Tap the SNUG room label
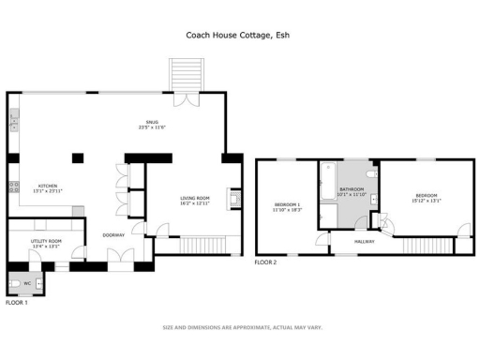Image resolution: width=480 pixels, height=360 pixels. [151, 121]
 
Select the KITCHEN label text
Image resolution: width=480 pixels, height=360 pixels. [48, 186]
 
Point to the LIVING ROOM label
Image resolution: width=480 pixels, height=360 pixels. [195, 198]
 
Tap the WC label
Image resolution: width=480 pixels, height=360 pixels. [27, 282]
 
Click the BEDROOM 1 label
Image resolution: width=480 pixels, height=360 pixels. [287, 204]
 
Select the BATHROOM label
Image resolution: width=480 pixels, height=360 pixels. [352, 189]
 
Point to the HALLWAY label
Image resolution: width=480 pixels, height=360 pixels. [364, 242]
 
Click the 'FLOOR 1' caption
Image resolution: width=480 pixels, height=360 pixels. [17, 303]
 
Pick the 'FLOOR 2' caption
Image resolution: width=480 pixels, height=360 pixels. [266, 262]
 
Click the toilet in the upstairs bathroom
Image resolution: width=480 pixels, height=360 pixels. [372, 173]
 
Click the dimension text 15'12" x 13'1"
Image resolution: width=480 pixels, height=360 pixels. [426, 200]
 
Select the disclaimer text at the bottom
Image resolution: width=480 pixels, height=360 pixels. [243, 327]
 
